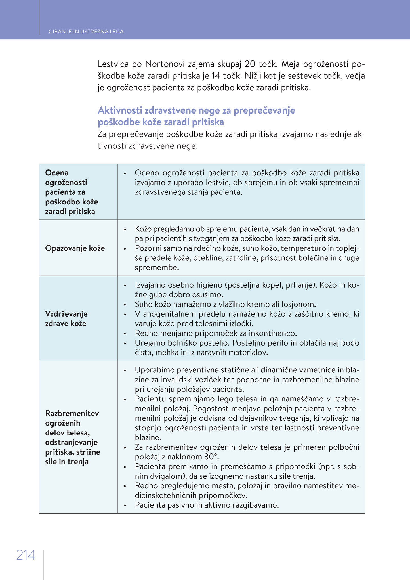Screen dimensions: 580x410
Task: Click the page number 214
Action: (x=26, y=555)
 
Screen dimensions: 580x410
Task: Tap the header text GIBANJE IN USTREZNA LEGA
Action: (x=86, y=32)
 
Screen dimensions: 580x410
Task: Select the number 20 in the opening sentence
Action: (x=250, y=64)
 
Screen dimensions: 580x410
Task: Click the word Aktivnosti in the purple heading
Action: (x=120, y=110)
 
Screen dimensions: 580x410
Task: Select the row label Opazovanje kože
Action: (x=75, y=248)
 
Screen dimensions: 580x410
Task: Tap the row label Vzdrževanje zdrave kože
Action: (x=66, y=319)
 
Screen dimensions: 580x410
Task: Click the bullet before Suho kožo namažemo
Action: (x=125, y=305)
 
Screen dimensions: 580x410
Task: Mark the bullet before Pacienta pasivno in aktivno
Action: (x=125, y=505)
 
